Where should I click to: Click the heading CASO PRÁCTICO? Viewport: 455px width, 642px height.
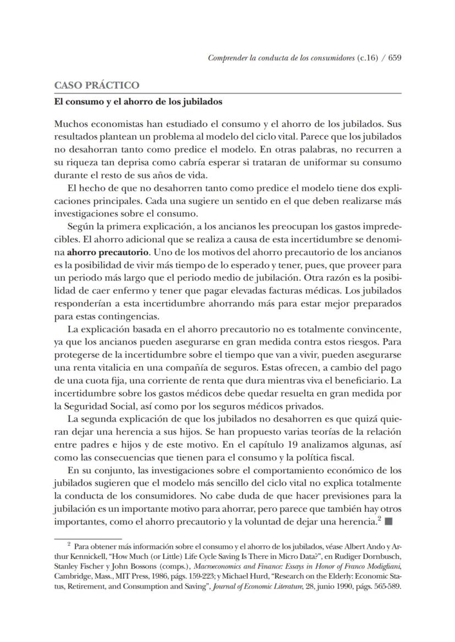[96, 85]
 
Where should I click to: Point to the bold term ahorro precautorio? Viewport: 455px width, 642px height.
[107, 253]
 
